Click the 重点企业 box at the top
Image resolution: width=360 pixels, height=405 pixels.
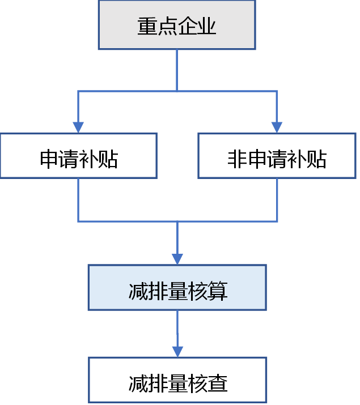click(x=177, y=25)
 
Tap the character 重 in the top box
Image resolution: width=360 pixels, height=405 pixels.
click(x=147, y=27)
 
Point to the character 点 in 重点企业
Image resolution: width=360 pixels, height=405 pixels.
click(x=167, y=27)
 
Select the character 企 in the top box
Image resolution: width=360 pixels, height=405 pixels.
click(x=187, y=27)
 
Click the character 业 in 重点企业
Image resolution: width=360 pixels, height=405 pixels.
click(x=207, y=27)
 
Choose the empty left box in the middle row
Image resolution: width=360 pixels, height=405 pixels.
click(x=78, y=156)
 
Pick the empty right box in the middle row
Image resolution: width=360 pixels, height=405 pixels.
click(x=277, y=156)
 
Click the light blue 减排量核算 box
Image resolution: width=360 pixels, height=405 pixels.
click(x=177, y=287)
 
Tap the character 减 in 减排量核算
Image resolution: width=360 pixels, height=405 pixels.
click(x=138, y=291)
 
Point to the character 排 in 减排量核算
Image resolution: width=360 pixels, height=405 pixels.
click(x=158, y=291)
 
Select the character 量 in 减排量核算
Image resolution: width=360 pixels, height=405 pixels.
click(x=177, y=291)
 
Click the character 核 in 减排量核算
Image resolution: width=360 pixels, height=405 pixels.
click(x=197, y=291)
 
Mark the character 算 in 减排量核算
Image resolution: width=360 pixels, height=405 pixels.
click(x=217, y=291)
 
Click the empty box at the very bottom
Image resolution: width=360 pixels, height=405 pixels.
click(x=177, y=380)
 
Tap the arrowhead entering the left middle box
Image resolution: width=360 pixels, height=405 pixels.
click(x=78, y=127)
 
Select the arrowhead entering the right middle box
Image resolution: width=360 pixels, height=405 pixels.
click(x=277, y=127)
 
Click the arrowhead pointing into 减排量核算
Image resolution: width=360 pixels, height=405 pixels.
click(x=177, y=259)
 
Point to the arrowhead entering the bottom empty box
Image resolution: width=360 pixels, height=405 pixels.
click(x=177, y=351)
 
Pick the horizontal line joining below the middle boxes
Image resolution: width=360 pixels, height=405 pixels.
click(x=177, y=221)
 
